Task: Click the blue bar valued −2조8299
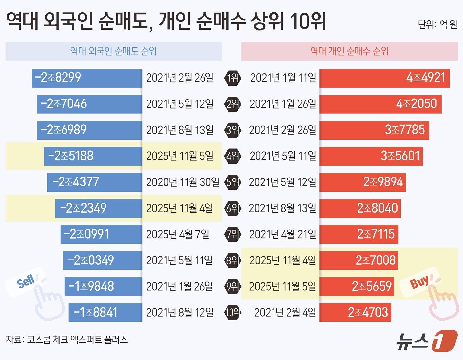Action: (87, 78)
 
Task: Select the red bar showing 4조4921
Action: (384, 78)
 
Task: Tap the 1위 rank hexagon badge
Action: (232, 78)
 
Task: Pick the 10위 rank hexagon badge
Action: (232, 312)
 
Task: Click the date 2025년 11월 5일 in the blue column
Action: (180, 156)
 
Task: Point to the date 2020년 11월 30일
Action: (183, 182)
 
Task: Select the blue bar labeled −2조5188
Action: (93, 156)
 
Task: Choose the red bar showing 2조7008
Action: (358, 260)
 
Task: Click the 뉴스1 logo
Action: (427, 340)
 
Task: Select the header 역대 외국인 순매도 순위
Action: (113, 51)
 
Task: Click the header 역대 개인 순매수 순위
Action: (349, 51)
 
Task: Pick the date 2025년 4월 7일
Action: (178, 234)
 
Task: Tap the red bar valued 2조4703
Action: (355, 312)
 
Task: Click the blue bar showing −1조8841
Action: (105, 312)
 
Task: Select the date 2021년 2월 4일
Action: (285, 312)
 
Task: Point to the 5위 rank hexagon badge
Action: (232, 182)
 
